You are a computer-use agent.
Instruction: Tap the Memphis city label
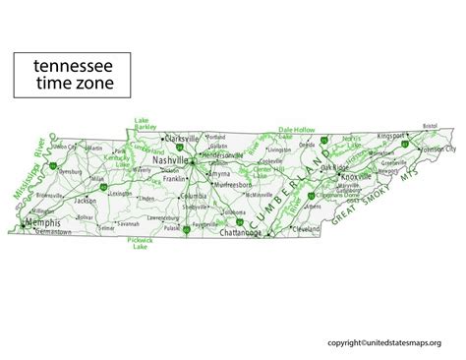click(x=43, y=223)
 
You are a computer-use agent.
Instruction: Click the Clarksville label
click(x=183, y=139)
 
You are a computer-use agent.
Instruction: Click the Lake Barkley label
click(x=146, y=125)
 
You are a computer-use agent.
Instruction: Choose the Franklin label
click(x=174, y=180)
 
